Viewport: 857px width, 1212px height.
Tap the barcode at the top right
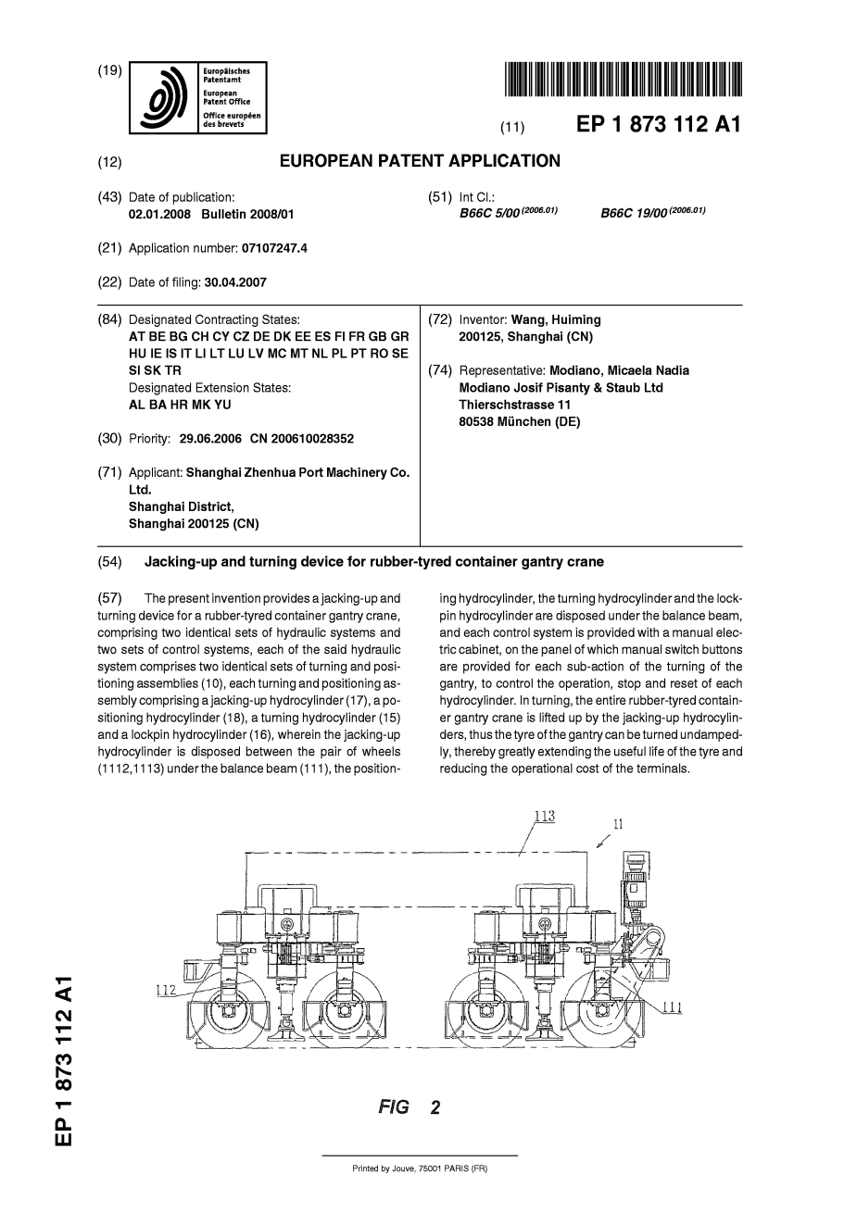click(x=624, y=79)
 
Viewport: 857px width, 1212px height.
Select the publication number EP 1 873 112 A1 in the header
click(x=658, y=126)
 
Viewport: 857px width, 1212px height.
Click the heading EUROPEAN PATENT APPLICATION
click(x=420, y=161)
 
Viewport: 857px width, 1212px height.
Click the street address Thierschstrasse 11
click(x=515, y=405)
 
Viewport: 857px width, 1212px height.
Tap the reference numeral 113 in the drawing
click(x=544, y=816)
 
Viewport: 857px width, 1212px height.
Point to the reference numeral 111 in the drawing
click(x=672, y=1008)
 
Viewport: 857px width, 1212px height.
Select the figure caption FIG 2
click(x=409, y=1107)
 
